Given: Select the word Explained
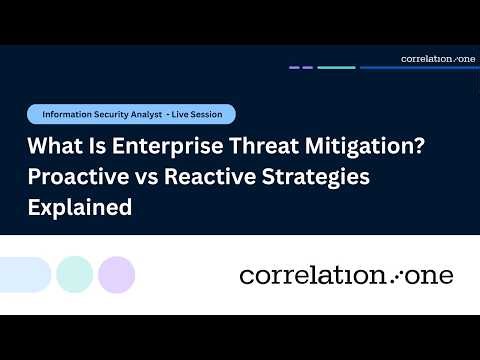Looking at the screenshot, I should click(x=80, y=210).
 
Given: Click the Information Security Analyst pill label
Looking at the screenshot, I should click(x=100, y=114).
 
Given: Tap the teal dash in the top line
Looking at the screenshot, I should click(x=337, y=68).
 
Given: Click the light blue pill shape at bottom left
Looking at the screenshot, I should click(x=22, y=274).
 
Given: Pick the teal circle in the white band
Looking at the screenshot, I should click(x=75, y=274).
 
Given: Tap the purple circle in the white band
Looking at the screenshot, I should click(x=117, y=274).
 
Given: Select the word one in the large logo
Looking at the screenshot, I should click(x=427, y=275).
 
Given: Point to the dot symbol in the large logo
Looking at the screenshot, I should click(x=393, y=275).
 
